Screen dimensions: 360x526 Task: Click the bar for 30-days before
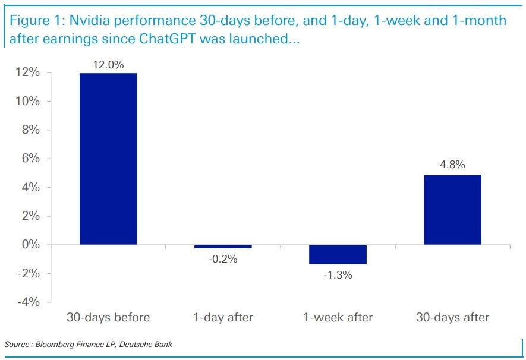[108, 159]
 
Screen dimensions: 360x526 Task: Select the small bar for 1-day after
[223, 247]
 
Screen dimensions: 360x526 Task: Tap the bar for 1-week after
[338, 254]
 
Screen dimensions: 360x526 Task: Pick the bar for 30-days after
[452, 210]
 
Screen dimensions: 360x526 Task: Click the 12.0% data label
[108, 65]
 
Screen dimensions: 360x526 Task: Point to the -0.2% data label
[223, 259]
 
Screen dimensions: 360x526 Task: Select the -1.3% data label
[338, 275]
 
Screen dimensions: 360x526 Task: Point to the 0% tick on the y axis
[30, 245]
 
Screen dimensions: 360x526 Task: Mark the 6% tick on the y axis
[30, 159]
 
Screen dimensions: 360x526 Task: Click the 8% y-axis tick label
[30, 130]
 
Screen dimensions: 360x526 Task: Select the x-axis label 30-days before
[108, 317]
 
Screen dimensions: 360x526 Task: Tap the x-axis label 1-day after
[223, 317]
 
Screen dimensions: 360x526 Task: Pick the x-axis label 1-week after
[338, 317]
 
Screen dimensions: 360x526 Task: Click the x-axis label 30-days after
[452, 317]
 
